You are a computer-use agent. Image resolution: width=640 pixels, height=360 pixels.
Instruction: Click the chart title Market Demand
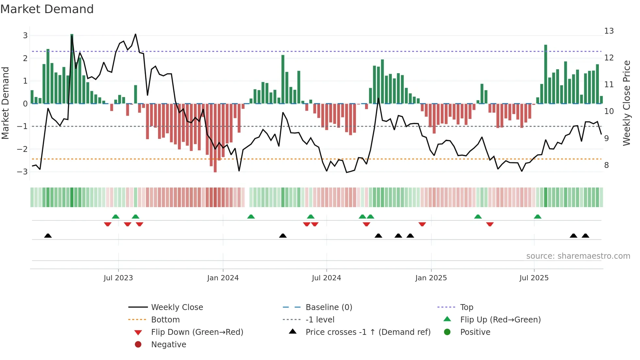click(47, 9)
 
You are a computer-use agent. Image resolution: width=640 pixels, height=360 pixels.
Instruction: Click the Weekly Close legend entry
click(177, 307)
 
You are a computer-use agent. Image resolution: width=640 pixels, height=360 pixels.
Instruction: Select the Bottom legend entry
click(165, 319)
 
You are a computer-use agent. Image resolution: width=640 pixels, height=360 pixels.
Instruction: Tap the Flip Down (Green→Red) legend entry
click(197, 332)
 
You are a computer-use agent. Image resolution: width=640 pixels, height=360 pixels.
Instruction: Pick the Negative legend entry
click(168, 344)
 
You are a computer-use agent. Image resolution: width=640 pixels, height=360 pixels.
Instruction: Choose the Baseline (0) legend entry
click(328, 307)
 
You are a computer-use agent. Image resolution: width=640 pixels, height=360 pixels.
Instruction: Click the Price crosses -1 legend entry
click(368, 332)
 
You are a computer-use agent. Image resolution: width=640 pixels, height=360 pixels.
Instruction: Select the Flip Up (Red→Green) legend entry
click(500, 319)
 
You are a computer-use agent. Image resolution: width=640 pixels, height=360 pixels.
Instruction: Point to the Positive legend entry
click(475, 332)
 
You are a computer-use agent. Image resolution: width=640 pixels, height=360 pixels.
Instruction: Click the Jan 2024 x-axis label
click(223, 278)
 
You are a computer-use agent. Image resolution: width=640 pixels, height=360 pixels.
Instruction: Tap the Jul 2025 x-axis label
click(534, 278)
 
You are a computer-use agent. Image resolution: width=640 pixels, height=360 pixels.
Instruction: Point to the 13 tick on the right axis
click(609, 31)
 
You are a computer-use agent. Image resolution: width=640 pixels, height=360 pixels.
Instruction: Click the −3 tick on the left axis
click(23, 172)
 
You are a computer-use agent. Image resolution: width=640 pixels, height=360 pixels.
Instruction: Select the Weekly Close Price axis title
click(626, 103)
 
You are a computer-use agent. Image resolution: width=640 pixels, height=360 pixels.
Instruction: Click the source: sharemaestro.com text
click(578, 256)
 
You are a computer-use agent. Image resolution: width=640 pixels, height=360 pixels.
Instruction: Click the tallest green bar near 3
click(72, 69)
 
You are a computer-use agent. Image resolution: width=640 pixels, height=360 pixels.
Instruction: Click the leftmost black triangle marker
click(48, 236)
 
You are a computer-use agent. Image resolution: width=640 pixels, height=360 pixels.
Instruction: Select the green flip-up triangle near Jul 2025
click(537, 217)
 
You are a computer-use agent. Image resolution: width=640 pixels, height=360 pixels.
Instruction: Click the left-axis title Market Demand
click(5, 103)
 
